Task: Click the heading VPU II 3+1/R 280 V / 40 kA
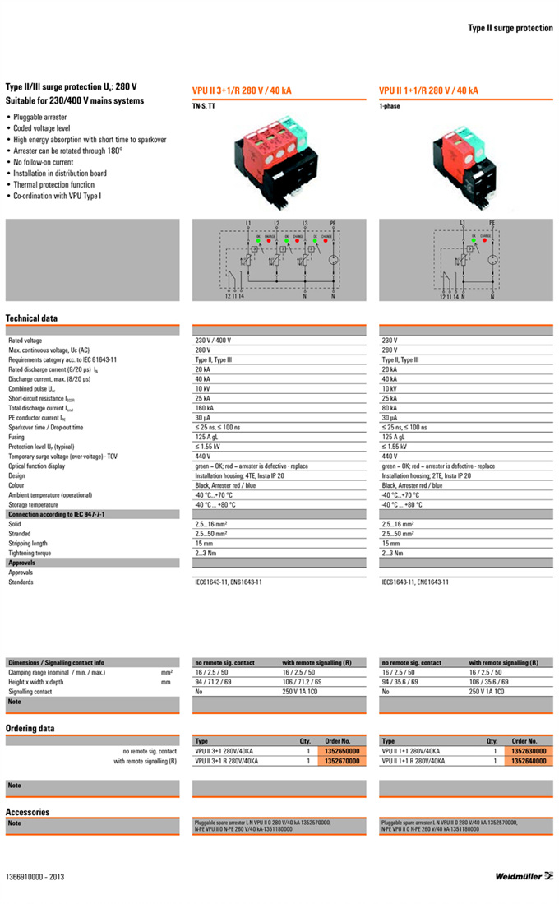(242, 91)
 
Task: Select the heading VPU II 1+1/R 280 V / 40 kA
(428, 91)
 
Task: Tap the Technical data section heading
(31, 318)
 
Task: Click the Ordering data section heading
(30, 728)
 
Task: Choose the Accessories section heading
(27, 812)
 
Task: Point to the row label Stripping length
(28, 544)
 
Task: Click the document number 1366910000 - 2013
(35, 877)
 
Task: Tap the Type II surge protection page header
(510, 28)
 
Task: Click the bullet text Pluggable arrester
(40, 118)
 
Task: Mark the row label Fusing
(17, 437)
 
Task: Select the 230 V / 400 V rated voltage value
(213, 340)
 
